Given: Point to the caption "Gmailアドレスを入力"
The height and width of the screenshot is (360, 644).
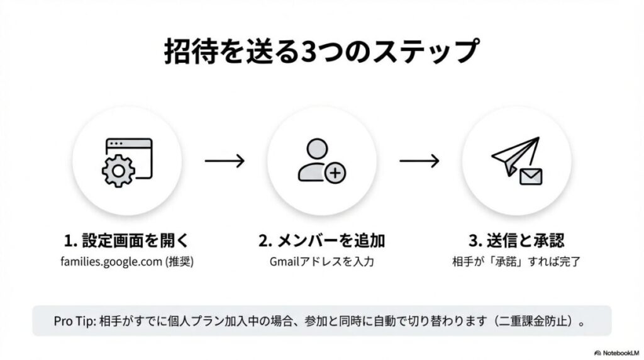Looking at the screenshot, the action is [321, 261].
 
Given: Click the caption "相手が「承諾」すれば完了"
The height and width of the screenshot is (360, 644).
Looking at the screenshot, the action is [516, 261].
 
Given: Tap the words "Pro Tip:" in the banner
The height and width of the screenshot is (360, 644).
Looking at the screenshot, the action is [74, 321].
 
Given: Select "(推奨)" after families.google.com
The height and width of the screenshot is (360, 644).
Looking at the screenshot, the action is [180, 261].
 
